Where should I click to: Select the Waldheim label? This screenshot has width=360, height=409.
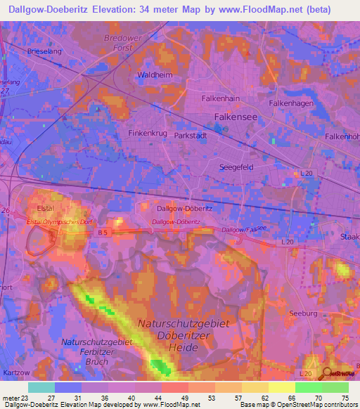point(153,74)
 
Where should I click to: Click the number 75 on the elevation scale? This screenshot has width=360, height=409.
point(344,398)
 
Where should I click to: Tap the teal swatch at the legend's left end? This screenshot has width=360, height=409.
point(41,387)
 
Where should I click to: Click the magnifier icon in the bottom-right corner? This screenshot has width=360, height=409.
point(326,375)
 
